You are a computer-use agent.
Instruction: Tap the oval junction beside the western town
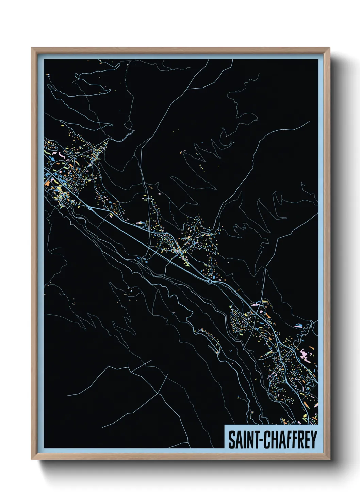click(x=89, y=207)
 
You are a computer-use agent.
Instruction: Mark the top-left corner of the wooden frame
click(x=32, y=48)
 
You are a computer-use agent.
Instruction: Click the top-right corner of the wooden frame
click(x=330, y=48)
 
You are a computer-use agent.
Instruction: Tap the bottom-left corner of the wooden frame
click(x=32, y=459)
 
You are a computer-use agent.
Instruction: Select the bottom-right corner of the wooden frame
click(x=330, y=459)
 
